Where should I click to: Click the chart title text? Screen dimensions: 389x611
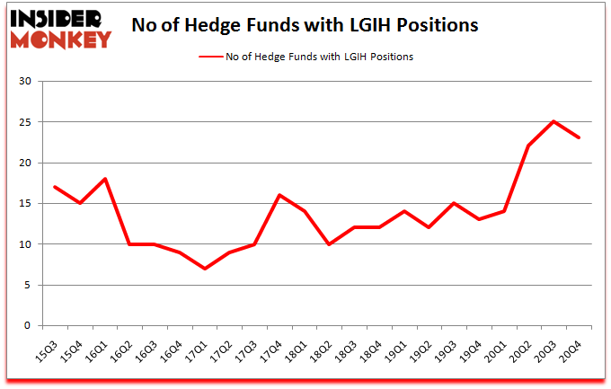(305, 25)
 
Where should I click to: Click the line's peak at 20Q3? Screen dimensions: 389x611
(554, 121)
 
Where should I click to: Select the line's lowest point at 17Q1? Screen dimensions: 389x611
(206, 269)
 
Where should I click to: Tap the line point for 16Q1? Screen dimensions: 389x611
(106, 179)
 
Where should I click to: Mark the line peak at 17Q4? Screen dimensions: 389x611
(280, 195)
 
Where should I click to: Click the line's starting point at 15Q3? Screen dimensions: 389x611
(56, 187)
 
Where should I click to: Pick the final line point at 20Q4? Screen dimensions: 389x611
(580, 137)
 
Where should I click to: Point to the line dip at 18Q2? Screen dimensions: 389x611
(331, 244)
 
